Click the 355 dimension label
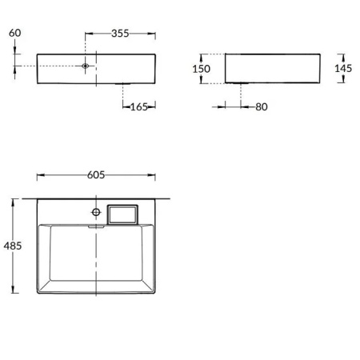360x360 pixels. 120,34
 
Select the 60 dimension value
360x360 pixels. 14,34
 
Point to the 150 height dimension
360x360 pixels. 202,69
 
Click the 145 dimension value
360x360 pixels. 344,69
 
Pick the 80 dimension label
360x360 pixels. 261,106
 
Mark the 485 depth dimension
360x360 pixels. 13,246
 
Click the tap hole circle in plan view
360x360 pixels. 96,212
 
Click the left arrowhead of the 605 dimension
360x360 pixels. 39,175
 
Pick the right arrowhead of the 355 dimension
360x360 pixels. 154,34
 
